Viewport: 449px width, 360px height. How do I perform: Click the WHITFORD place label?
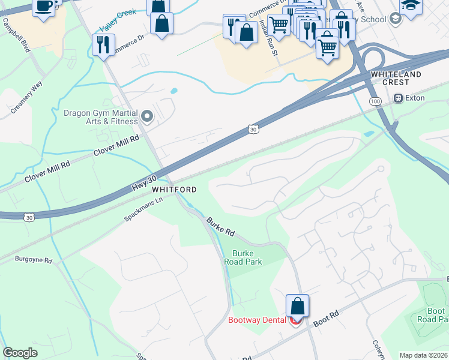click(x=174, y=190)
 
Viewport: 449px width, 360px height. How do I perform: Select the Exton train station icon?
click(x=397, y=98)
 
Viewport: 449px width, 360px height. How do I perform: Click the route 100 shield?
click(x=375, y=102)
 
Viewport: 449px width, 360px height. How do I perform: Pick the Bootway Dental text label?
click(x=257, y=320)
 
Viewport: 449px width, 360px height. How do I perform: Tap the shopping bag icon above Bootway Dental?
click(x=297, y=306)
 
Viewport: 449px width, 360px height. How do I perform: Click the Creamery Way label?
click(x=27, y=96)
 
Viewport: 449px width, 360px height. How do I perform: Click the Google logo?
click(x=20, y=353)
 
